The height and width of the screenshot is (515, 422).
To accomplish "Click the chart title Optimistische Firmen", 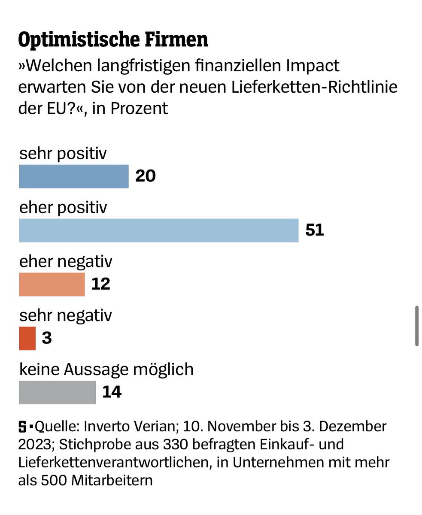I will click(113, 40).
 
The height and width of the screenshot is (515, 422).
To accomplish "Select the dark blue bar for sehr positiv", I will click(73, 176).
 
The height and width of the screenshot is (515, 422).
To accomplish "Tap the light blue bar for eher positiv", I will click(158, 230).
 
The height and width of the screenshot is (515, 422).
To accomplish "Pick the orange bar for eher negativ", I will click(52, 285).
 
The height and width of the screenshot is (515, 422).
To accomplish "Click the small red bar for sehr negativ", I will click(27, 339).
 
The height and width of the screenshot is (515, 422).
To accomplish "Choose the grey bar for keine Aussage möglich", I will click(57, 392).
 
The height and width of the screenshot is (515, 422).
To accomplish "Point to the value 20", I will click(145, 176).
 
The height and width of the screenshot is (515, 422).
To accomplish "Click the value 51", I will click(314, 230).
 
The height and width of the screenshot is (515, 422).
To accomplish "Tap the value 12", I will click(101, 285).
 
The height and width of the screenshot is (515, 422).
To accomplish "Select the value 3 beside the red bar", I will click(47, 339).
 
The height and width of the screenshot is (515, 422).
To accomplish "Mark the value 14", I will click(112, 392).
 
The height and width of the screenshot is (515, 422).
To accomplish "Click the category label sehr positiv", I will click(63, 154).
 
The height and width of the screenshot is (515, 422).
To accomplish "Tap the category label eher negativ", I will click(66, 262).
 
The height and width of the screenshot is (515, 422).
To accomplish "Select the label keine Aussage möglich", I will click(106, 370).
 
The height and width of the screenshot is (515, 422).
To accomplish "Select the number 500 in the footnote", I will click(53, 480).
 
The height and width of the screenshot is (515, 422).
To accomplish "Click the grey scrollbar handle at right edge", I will click(416, 326).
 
